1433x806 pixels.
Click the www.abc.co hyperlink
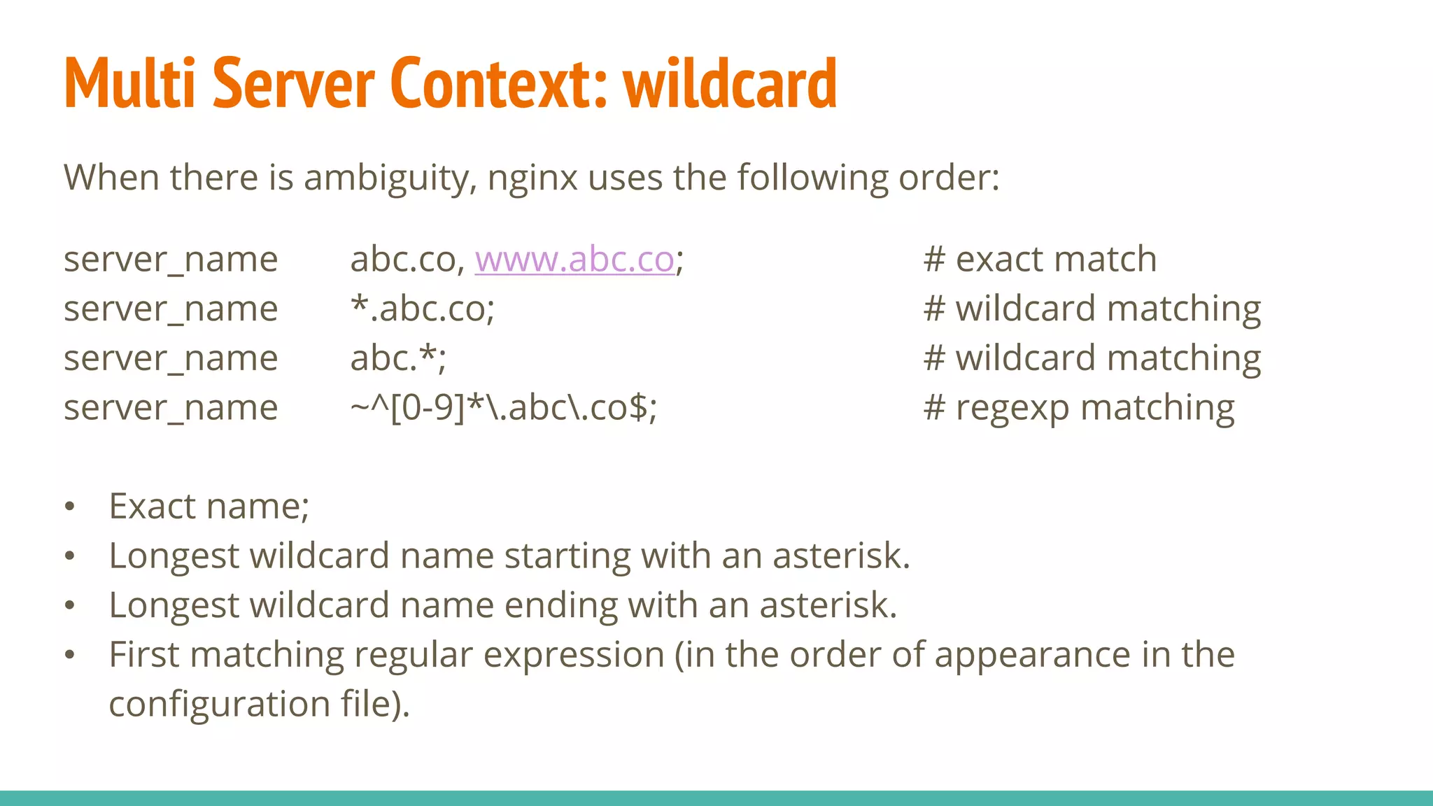pos(574,260)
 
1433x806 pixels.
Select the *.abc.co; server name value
pos(422,309)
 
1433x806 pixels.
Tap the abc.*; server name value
pos(397,358)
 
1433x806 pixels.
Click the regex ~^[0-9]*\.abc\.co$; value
pos(503,408)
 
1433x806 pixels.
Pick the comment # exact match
pos(1040,260)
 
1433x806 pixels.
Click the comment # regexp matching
pos(1078,409)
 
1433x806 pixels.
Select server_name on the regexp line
pos(171,409)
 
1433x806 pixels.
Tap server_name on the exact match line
pos(171,260)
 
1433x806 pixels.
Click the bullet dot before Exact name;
pos(69,507)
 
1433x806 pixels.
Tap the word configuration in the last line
pos(219,705)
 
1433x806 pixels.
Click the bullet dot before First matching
pos(69,656)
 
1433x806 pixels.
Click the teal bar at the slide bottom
pos(716,798)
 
